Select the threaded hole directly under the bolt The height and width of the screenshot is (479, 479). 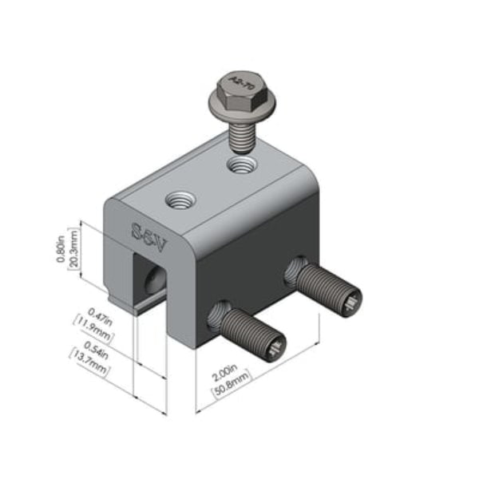tap(241, 166)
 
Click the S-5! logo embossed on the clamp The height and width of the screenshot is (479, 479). tap(147, 233)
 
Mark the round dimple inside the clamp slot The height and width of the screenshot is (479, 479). tap(152, 278)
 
